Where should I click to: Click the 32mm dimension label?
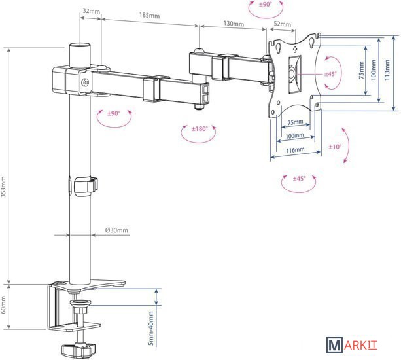click(x=92, y=11)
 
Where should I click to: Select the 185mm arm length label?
click(x=149, y=15)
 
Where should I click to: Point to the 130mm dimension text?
click(x=234, y=24)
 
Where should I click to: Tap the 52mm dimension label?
click(x=283, y=24)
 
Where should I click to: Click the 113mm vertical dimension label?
click(x=387, y=70)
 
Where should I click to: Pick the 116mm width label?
click(x=295, y=150)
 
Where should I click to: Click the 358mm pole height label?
click(x=3, y=187)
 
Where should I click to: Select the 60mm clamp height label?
click(x=3, y=305)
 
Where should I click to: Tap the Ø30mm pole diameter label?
click(x=116, y=230)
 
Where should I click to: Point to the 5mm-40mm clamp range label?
click(x=151, y=329)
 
